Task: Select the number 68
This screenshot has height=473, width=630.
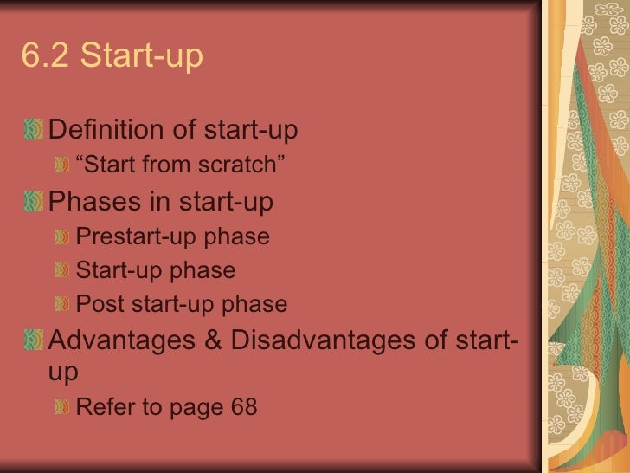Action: (x=243, y=406)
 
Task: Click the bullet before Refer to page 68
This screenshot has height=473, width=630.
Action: (x=61, y=406)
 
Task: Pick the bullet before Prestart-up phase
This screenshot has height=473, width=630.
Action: (x=61, y=236)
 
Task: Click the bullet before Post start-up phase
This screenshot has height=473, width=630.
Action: (x=61, y=304)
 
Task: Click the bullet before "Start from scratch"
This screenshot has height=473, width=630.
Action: (x=61, y=164)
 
